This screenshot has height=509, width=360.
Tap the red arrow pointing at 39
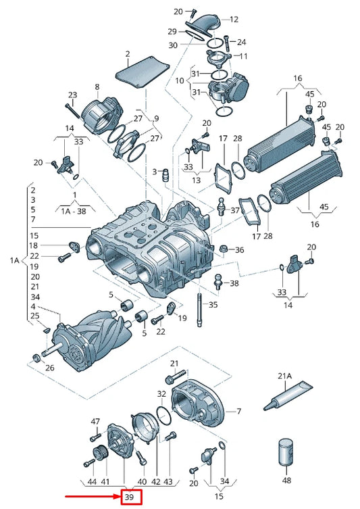pos(93,497)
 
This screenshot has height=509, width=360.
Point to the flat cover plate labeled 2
pos(143,73)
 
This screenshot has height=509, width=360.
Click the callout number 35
pos(213,304)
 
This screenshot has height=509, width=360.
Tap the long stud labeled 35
pos(199,310)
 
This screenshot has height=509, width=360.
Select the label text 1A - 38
pos(74,212)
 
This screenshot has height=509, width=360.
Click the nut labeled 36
pos(223,249)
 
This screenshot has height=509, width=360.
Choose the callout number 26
pos(50,368)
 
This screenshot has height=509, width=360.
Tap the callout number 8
pos(97,87)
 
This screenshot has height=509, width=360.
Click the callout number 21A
pos(285,377)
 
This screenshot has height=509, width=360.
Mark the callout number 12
pos(234,20)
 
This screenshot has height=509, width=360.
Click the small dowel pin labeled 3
pos(165,175)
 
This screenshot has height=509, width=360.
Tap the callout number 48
pos(286,480)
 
